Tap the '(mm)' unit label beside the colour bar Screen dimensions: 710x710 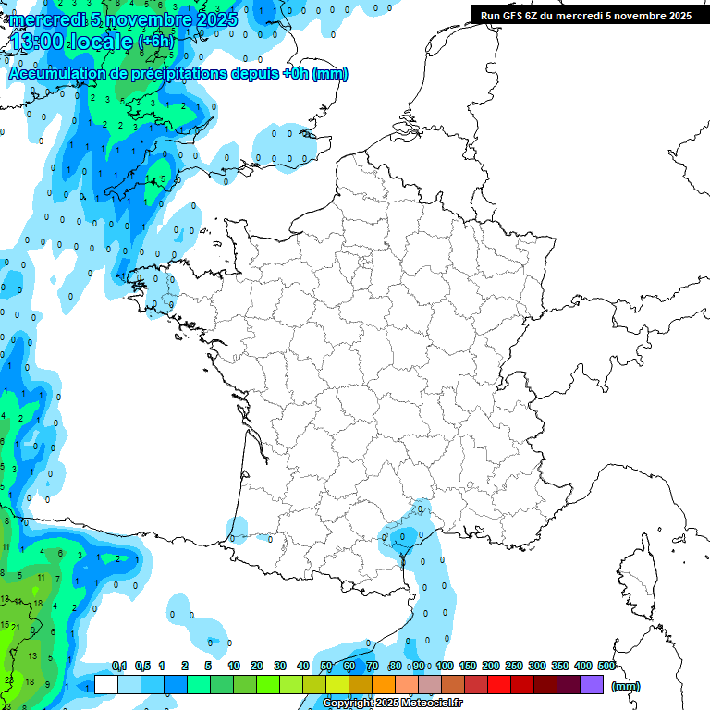point(625,686)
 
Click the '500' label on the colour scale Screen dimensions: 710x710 point(606,667)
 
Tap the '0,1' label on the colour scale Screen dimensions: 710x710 point(119,667)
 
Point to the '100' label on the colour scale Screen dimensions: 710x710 point(445,667)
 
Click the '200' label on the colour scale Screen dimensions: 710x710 point(491,667)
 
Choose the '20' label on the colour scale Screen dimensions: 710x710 point(257,667)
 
